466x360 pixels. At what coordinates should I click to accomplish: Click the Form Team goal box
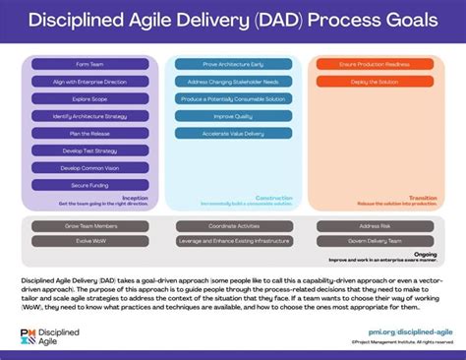pos(89,64)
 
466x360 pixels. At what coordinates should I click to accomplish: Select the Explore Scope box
pos(89,98)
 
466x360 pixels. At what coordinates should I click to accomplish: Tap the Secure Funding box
pos(89,185)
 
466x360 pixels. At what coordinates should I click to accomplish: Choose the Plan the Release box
pos(89,133)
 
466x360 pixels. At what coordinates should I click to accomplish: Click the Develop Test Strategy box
pos(89,150)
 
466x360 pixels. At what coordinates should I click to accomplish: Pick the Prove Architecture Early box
pos(232,64)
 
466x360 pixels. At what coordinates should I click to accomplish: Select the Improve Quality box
pos(232,116)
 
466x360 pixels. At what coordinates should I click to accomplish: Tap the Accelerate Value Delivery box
pos(232,134)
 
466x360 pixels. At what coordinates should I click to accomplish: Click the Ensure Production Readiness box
pos(375,64)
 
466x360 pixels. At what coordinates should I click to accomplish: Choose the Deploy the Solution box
pos(375,82)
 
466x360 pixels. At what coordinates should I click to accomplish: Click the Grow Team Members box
pos(89,226)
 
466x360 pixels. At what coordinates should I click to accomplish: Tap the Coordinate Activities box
pos(232,226)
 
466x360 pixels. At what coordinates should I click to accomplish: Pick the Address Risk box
pos(375,226)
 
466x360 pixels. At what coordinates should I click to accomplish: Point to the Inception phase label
pos(135,197)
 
